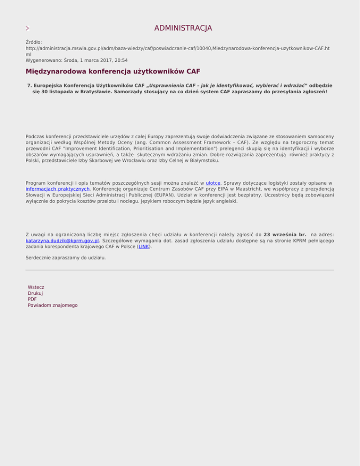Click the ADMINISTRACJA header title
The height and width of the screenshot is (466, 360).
(x=183, y=28)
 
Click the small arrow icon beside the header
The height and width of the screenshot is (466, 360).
(x=28, y=29)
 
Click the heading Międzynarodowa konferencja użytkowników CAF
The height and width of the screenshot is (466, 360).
(x=112, y=72)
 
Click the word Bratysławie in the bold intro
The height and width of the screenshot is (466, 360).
(x=95, y=92)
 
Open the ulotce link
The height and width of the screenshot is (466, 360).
(x=213, y=182)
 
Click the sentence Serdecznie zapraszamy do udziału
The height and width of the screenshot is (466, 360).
(x=66, y=258)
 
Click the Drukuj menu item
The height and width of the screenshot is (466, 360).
(x=36, y=293)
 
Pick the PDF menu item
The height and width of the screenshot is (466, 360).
(x=32, y=299)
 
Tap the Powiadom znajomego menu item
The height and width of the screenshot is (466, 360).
(x=52, y=305)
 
